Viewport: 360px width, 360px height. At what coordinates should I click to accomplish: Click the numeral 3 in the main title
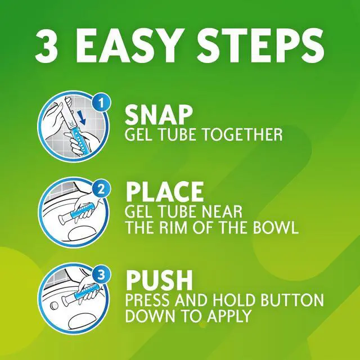point(46,46)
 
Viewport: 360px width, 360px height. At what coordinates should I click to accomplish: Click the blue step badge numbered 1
point(101,103)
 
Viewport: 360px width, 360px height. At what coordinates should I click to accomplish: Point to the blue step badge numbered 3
point(101,275)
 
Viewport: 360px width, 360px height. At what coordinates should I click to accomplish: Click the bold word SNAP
point(159,115)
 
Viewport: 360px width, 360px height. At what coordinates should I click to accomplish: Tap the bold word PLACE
point(165,192)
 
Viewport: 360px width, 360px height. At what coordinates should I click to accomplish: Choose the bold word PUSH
point(159,280)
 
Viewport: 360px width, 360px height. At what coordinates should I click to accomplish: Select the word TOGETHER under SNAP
point(243,134)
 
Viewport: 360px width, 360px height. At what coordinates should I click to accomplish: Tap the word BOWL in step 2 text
point(276,227)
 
